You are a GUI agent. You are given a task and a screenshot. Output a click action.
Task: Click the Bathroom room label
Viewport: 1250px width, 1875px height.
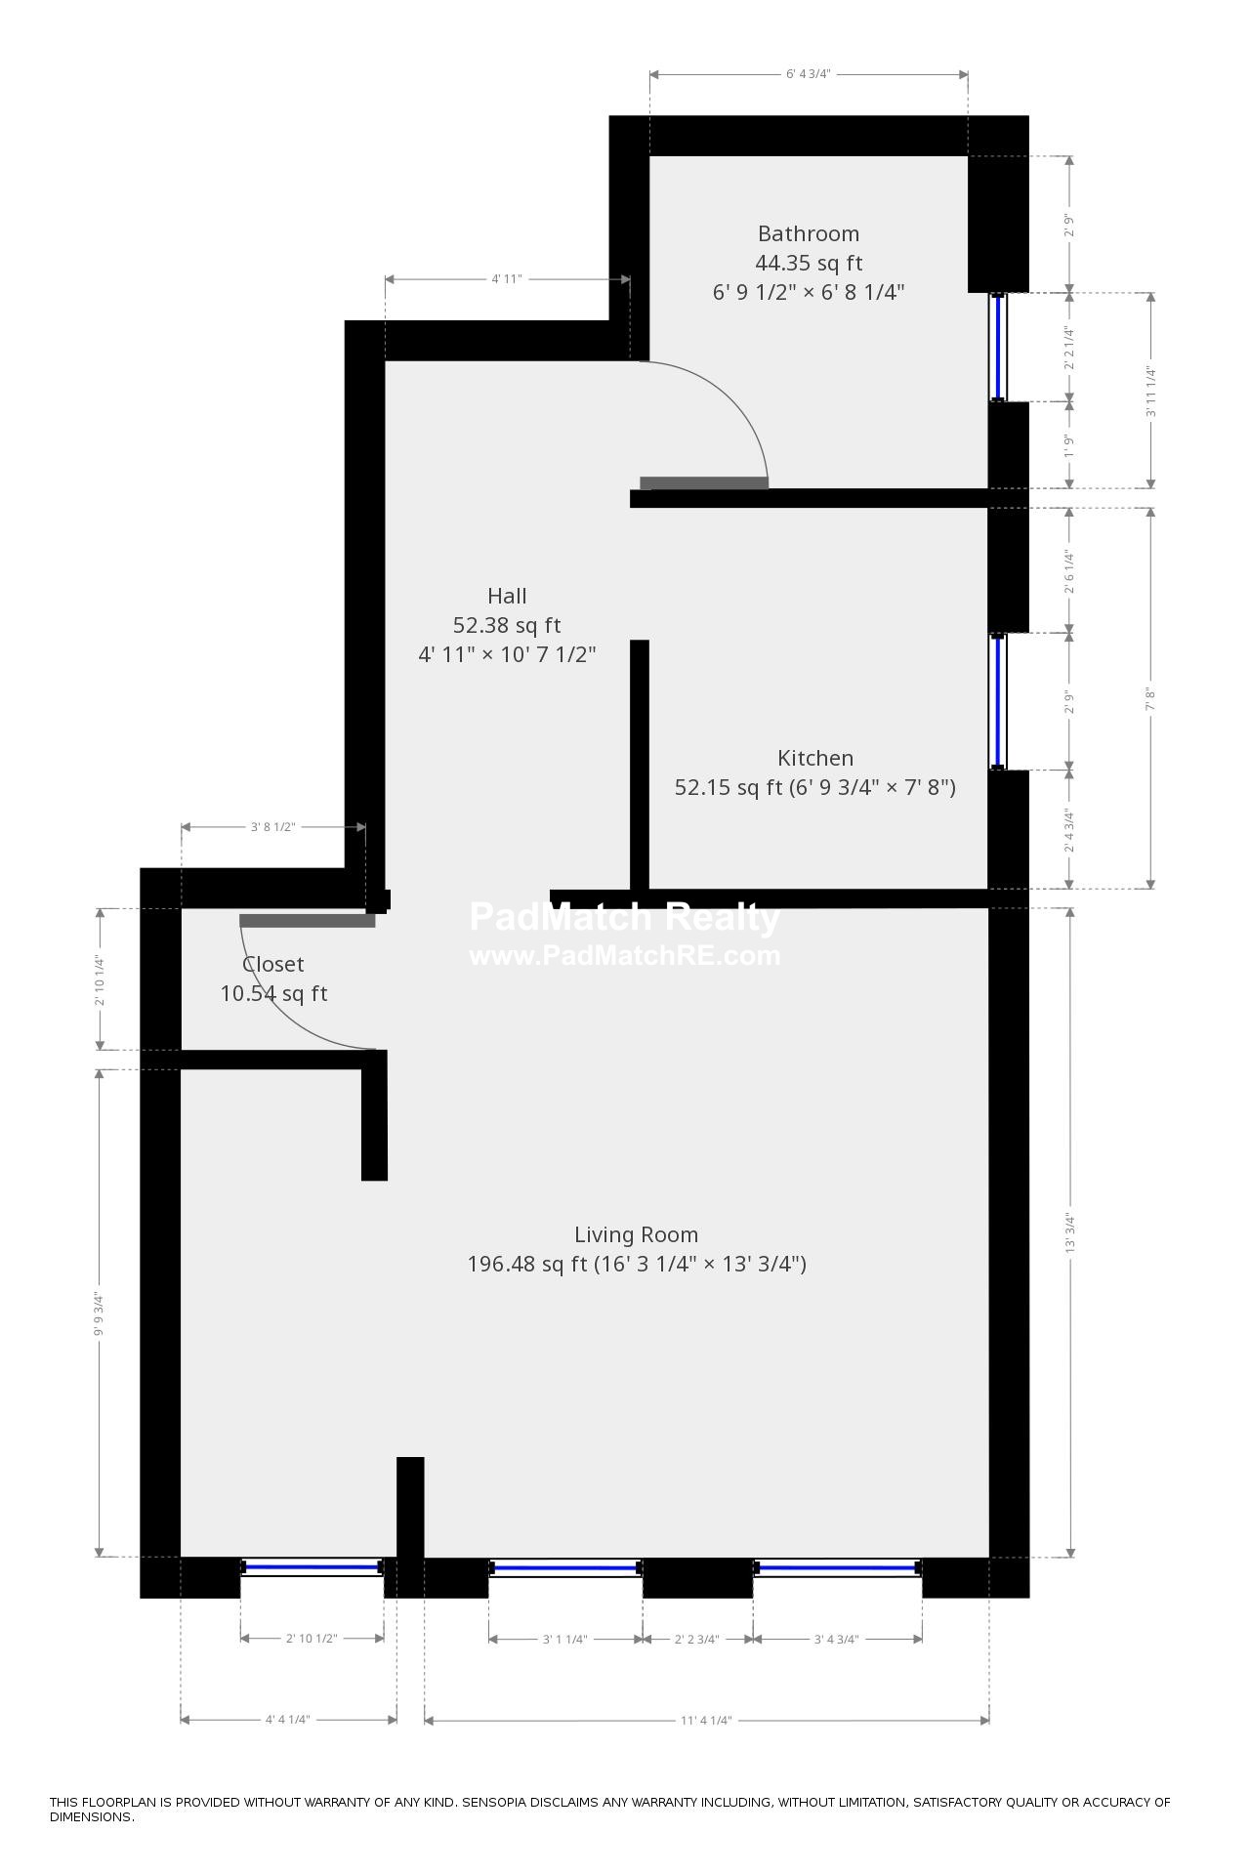pos(808,233)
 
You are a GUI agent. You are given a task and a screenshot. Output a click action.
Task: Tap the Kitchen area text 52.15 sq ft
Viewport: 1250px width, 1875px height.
pos(729,787)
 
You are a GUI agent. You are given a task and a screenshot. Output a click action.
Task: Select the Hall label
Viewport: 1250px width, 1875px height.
pos(507,596)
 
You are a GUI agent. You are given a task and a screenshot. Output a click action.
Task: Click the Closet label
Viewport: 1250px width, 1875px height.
pos(272,964)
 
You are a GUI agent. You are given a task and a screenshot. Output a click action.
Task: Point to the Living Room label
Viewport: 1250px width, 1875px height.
pos(636,1234)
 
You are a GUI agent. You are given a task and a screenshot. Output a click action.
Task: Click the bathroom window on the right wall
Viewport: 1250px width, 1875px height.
pos(998,347)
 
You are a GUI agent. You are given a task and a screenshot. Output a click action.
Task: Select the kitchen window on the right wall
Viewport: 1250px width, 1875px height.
pos(998,701)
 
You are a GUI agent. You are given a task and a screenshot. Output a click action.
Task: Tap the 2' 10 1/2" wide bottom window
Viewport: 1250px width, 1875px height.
pos(312,1566)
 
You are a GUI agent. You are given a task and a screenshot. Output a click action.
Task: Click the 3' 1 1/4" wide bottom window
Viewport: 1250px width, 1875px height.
pos(565,1567)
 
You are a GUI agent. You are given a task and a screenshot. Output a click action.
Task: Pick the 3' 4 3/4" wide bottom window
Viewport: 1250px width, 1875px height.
pos(837,1567)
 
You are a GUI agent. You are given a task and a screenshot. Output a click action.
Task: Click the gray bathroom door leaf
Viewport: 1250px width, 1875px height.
pos(704,482)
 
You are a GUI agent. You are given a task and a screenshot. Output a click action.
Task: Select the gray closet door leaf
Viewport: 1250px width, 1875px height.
pos(307,920)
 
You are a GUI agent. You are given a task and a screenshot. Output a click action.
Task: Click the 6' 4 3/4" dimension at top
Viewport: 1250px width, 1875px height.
pos(808,74)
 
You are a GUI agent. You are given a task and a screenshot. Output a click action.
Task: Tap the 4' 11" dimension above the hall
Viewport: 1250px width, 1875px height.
pos(506,279)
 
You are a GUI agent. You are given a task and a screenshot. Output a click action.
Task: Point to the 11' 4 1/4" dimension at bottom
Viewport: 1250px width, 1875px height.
pos(705,1720)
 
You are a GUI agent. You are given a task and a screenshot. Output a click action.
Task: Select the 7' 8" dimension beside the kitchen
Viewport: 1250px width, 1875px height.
pos(1150,698)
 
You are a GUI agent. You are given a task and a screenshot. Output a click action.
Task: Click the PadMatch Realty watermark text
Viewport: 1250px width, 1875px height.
pos(624,918)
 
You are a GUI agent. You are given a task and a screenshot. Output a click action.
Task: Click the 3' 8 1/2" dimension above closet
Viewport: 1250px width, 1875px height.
pos(272,827)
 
